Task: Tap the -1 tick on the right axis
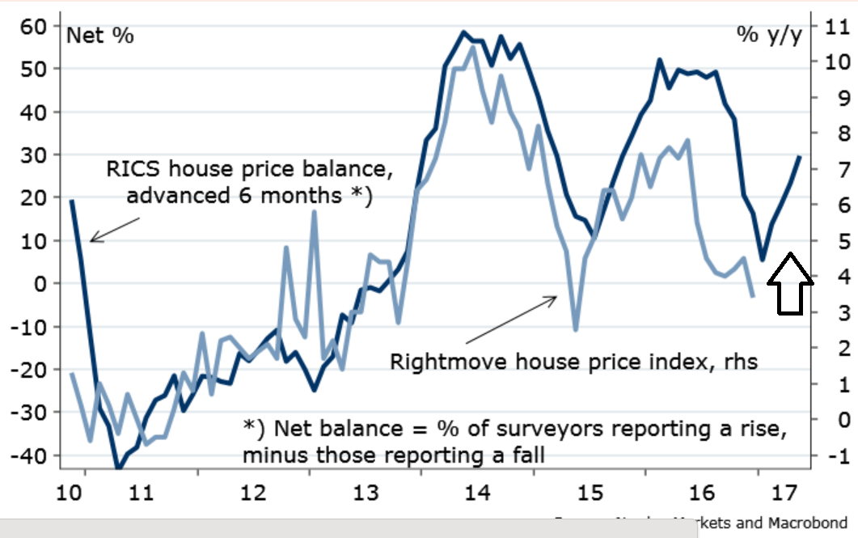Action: pos(835,455)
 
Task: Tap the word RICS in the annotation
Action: pos(131,170)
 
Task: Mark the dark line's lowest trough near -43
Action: pos(118,468)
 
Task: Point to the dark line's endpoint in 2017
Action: pos(799,157)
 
